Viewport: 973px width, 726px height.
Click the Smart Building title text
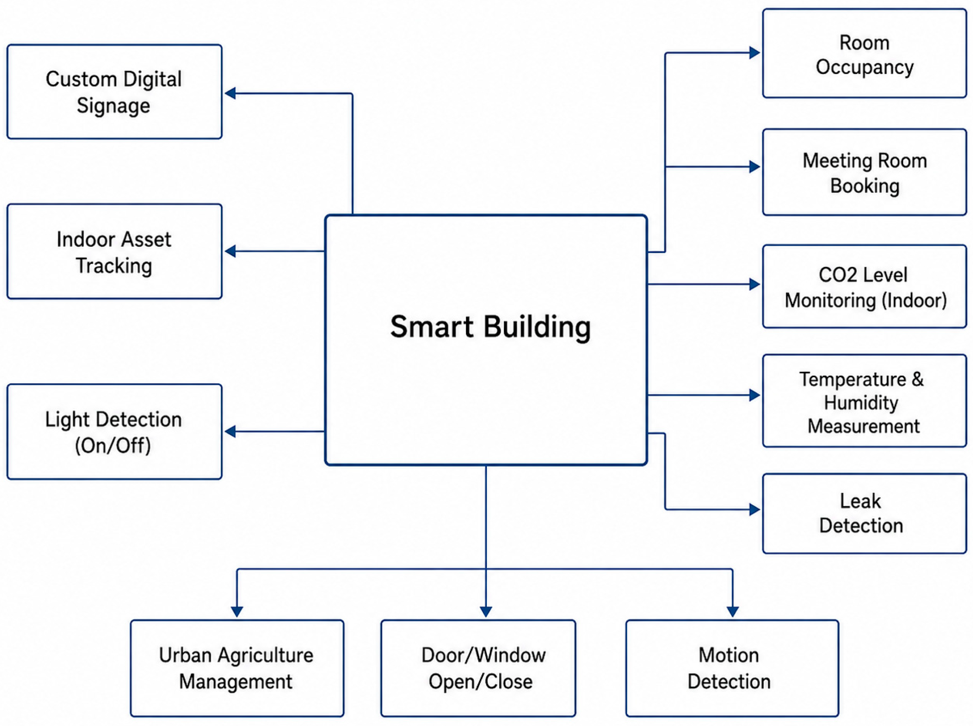pos(490,327)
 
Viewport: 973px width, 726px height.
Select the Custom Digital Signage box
pos(114,92)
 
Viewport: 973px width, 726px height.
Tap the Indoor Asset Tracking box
pos(114,251)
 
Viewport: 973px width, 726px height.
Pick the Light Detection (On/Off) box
pos(114,432)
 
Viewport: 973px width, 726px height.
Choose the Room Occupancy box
pos(865,53)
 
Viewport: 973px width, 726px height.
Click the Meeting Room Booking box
pos(865,172)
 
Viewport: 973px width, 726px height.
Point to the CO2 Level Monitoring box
pos(865,286)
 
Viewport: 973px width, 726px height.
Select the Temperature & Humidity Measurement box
pos(865,401)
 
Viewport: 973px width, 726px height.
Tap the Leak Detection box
pos(865,513)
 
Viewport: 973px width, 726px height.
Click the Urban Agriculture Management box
pos(237,668)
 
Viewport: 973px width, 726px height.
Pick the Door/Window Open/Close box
pos(478,668)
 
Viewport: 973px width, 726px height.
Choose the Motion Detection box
pos(732,668)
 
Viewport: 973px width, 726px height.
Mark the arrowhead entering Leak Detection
pos(755,510)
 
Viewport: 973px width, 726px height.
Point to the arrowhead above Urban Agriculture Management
pos(237,612)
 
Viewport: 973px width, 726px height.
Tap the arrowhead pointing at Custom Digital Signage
pos(230,93)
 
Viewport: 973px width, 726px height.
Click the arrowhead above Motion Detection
pos(732,612)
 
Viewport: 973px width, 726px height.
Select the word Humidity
pos(861,403)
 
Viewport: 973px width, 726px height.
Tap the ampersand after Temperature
pos(918,379)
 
